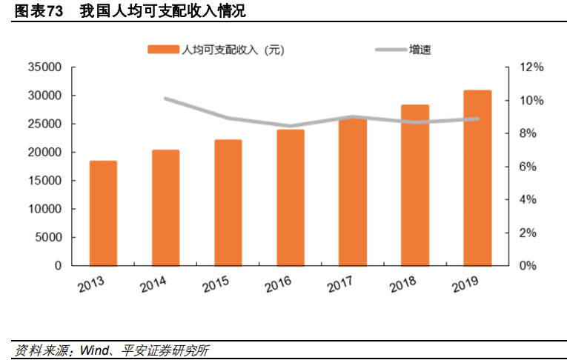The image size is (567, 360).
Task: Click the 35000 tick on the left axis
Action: pyautogui.click(x=45, y=67)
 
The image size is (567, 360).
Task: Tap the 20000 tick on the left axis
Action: pyautogui.click(x=45, y=153)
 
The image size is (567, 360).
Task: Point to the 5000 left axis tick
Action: pyautogui.click(x=48, y=238)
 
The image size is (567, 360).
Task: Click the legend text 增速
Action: pyautogui.click(x=420, y=50)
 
